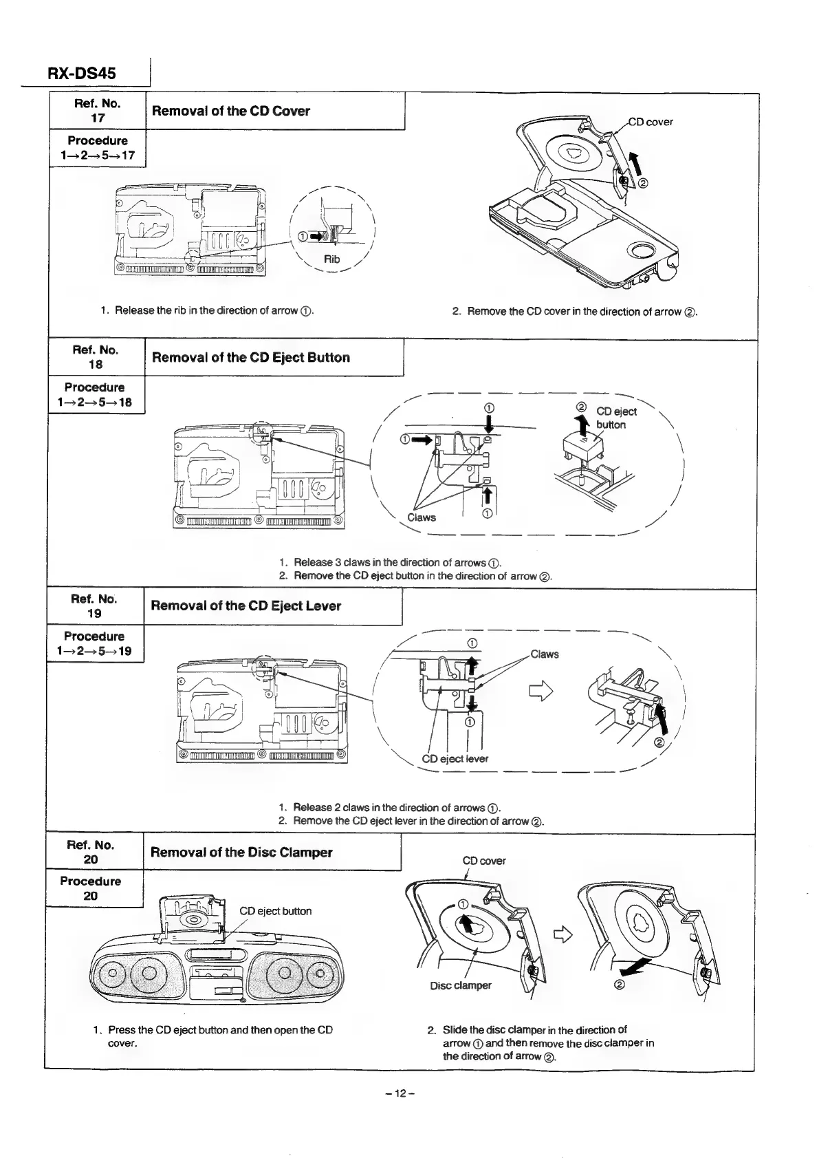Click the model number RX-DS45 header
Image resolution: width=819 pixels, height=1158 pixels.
pos(82,73)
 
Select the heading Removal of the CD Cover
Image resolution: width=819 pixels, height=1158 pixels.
pos(230,111)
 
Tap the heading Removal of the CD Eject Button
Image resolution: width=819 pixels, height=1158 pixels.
pos(250,358)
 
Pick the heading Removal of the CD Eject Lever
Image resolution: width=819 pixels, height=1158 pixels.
pos(245,606)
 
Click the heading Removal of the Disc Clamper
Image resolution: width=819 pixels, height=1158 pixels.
pos(241,853)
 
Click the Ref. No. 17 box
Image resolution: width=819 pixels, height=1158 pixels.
pos(98,111)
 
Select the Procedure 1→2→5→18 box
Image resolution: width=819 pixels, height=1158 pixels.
pos(97,394)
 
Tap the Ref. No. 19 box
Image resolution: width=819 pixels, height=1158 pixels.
pos(94,605)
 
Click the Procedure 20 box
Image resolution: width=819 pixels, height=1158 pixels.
pos(91,888)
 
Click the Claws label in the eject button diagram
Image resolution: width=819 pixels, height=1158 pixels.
pos(421,517)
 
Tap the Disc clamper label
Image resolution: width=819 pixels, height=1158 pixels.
pos(460,985)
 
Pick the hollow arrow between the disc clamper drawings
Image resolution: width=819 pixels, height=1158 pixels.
pos(564,934)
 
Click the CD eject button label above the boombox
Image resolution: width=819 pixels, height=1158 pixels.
pos(275,911)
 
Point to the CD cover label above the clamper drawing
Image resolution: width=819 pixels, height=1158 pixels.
pos(484,861)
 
